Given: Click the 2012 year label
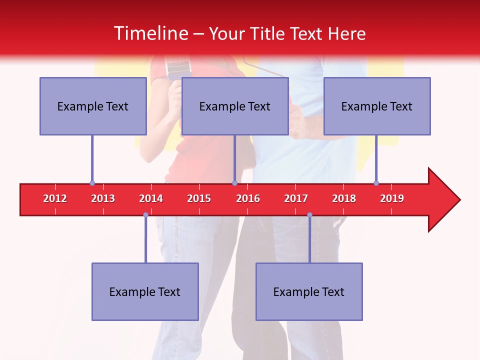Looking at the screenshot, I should (x=55, y=198).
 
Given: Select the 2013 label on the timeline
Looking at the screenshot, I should (x=103, y=198).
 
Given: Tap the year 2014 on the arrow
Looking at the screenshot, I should (x=151, y=198).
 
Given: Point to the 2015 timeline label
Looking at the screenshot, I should (x=199, y=198).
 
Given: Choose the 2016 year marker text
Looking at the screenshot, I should (x=248, y=198).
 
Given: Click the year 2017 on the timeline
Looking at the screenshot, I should (x=296, y=198).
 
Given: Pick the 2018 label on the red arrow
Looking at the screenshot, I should (x=344, y=198).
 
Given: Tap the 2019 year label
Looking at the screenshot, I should (x=392, y=198).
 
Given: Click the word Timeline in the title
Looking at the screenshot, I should (x=150, y=33).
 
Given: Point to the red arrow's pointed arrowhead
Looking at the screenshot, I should (x=444, y=200).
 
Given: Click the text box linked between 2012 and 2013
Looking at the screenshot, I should (x=93, y=106).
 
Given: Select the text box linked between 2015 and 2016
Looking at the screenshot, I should (x=235, y=106).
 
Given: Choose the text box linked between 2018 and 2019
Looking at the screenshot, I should (x=377, y=106).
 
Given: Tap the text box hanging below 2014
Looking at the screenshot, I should (x=145, y=291).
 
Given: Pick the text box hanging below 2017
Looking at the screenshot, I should (x=309, y=291).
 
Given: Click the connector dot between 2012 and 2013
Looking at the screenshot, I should (x=92, y=183).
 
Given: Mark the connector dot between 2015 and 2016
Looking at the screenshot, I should (x=234, y=183).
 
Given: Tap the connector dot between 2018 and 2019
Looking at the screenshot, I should (x=376, y=183).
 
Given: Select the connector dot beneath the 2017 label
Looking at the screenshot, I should (x=309, y=215).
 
